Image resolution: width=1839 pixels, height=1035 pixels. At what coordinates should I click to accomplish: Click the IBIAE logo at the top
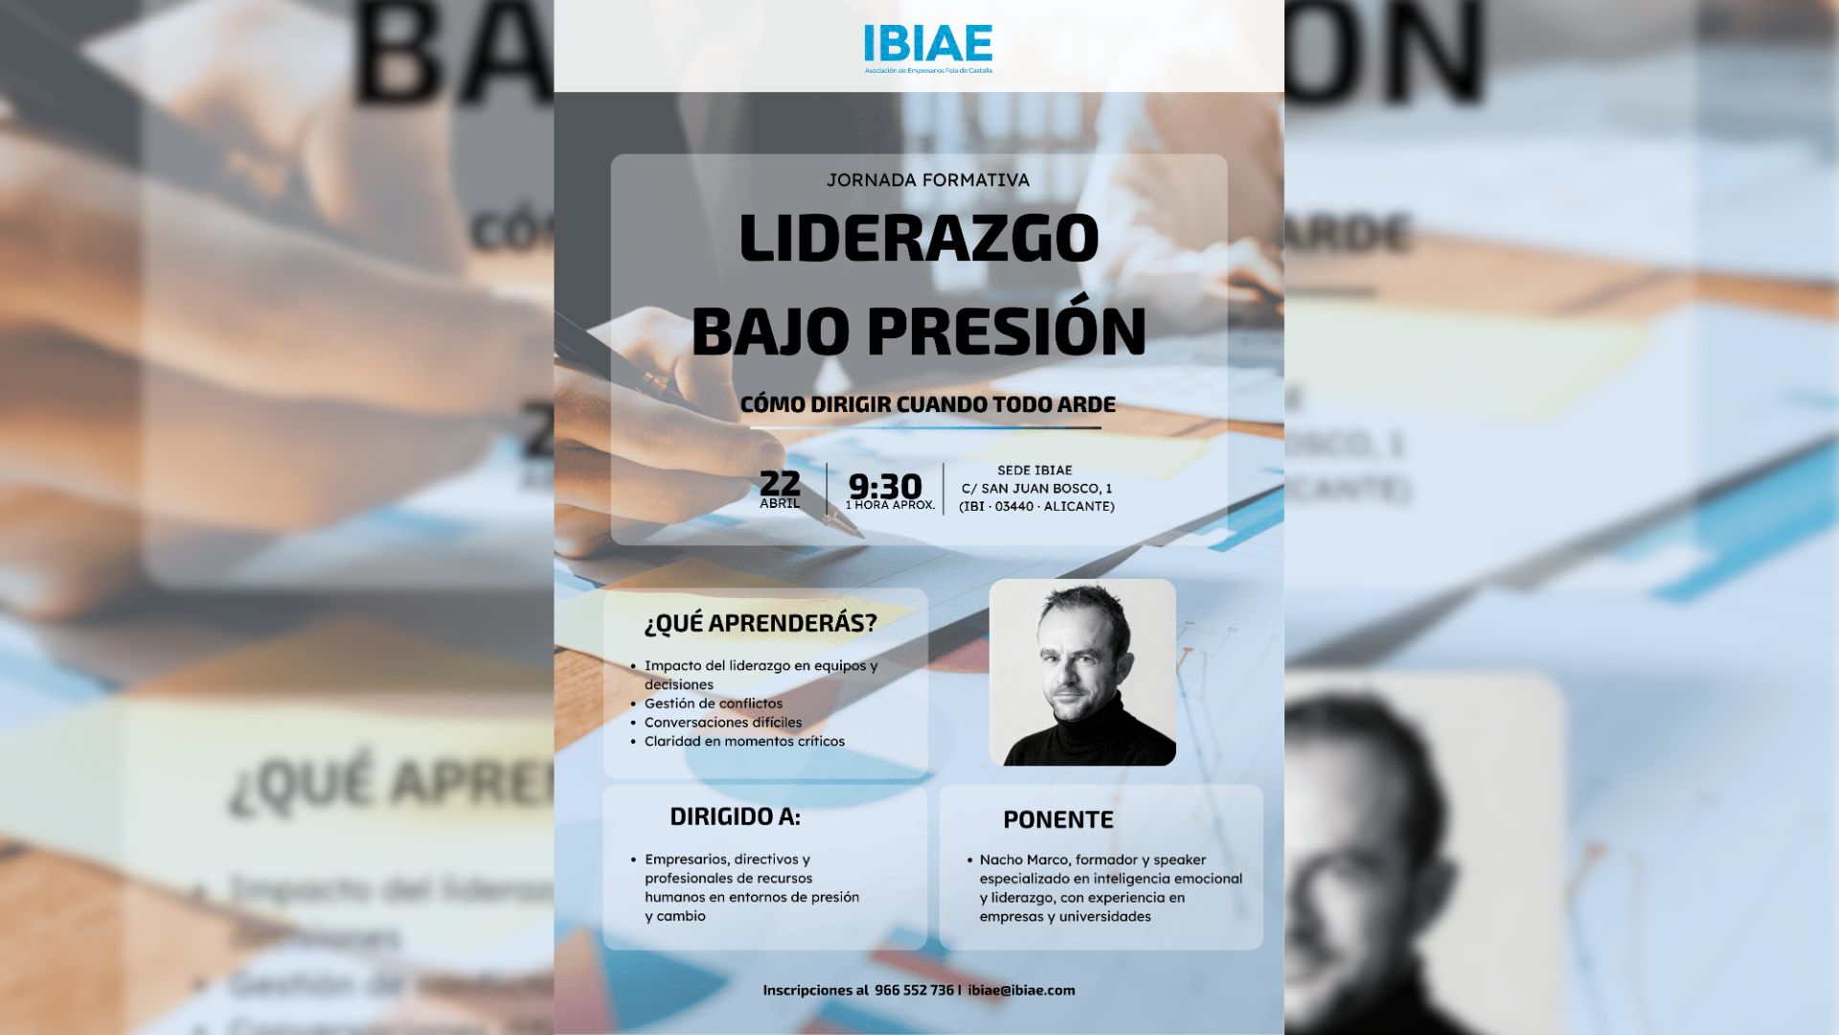tap(927, 46)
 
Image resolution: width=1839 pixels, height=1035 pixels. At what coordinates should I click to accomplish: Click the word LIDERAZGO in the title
tap(919, 238)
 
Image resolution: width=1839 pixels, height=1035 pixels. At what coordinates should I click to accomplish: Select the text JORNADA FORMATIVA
tap(927, 180)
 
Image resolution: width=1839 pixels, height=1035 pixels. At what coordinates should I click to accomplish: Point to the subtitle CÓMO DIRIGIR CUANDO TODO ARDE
tap(927, 404)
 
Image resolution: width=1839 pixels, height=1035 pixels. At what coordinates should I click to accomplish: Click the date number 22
tap(780, 483)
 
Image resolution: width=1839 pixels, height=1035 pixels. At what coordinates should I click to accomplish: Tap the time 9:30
tap(885, 486)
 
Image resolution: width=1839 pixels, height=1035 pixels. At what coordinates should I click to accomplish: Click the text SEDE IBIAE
tap(1034, 471)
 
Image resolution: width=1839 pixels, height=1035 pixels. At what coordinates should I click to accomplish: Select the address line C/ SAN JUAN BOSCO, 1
tap(1036, 489)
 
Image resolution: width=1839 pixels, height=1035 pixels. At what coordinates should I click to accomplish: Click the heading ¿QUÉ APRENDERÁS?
tap(761, 624)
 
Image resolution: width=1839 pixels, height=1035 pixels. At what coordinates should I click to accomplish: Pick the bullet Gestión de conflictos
tap(713, 703)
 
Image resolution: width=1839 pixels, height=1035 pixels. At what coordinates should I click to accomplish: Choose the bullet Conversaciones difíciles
tap(722, 723)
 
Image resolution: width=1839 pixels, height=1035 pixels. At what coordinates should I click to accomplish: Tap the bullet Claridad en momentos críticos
tap(744, 742)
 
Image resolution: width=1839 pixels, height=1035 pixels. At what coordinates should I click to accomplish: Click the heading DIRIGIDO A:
tap(735, 817)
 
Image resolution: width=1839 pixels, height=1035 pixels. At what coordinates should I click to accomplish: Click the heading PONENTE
tap(1057, 820)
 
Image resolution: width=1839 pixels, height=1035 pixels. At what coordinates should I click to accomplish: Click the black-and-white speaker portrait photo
tap(1082, 673)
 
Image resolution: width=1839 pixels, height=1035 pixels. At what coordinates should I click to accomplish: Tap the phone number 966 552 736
tap(914, 991)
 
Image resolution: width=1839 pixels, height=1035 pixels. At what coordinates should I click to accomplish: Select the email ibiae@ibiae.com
tap(1021, 991)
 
